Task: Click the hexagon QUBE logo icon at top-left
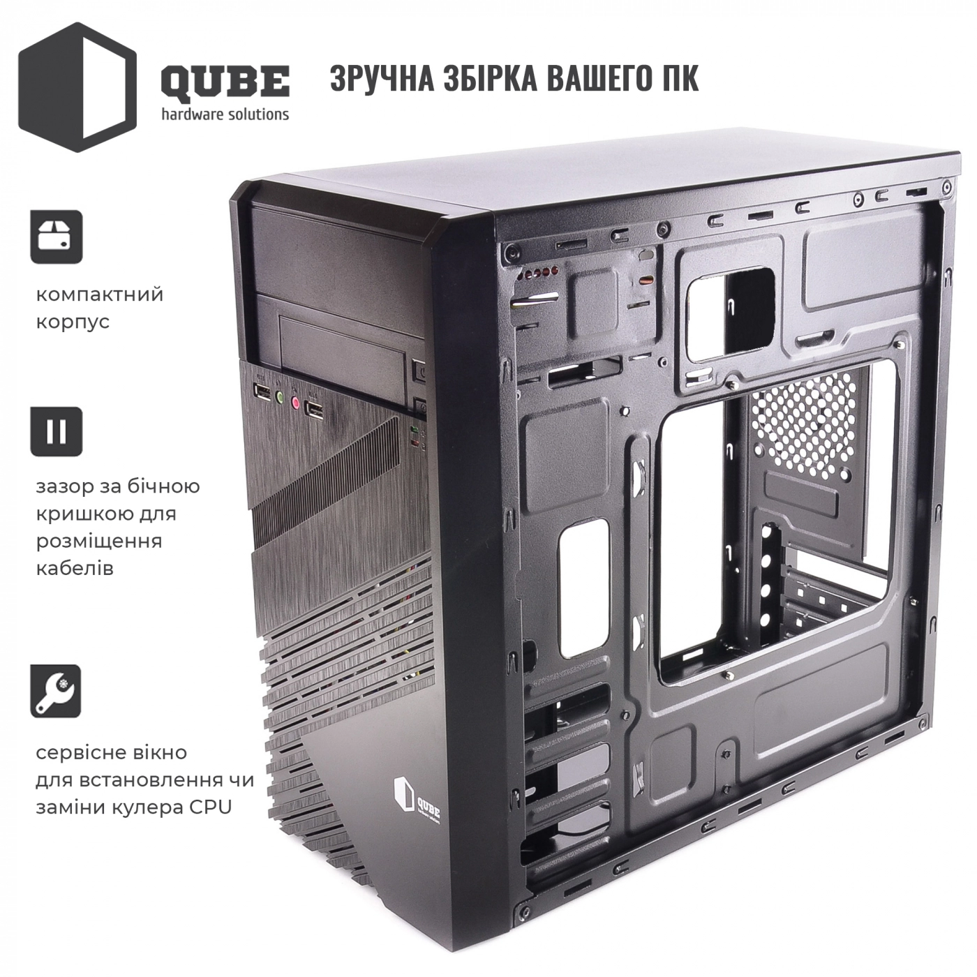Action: click(77, 87)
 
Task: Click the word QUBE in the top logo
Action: click(225, 82)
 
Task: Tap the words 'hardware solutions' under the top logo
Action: click(225, 114)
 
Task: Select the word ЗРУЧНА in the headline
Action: click(382, 79)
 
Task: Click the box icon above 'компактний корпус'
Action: click(57, 237)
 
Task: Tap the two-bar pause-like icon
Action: click(57, 431)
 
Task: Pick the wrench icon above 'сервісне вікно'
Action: click(56, 691)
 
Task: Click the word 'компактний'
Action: click(100, 294)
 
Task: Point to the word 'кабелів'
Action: click(75, 568)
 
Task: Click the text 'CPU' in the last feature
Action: click(211, 807)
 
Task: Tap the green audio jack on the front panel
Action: click(278, 397)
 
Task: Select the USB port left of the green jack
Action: click(262, 391)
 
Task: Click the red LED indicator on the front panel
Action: click(415, 445)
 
